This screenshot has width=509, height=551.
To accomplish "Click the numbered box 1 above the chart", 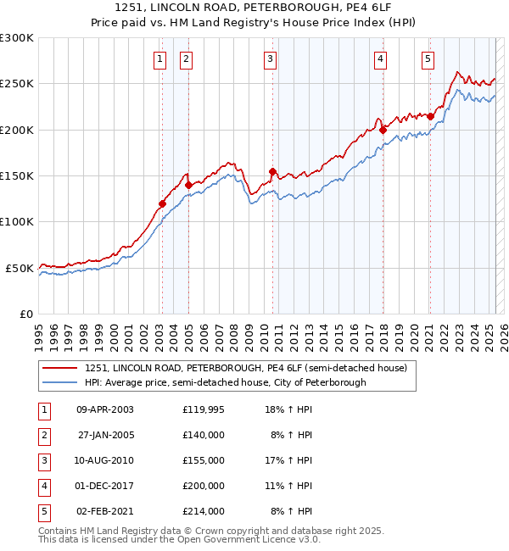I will pyautogui.click(x=160, y=58).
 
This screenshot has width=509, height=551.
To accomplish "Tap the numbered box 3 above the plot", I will pyautogui.click(x=270, y=58).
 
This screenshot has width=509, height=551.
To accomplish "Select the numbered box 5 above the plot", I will pyautogui.click(x=427, y=58).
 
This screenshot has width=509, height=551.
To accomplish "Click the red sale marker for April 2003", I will pyautogui.click(x=162, y=203).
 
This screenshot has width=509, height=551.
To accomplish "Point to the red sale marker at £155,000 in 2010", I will pyautogui.click(x=272, y=171).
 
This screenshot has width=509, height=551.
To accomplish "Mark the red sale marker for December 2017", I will pyautogui.click(x=383, y=130).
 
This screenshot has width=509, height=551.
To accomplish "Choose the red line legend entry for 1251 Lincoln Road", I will pyautogui.click(x=246, y=368).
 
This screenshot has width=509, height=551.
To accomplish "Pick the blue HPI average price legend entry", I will pyautogui.click(x=225, y=382).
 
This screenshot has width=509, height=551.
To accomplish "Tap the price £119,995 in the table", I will pyautogui.click(x=204, y=409).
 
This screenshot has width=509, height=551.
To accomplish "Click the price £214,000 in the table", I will pyautogui.click(x=204, y=511).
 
